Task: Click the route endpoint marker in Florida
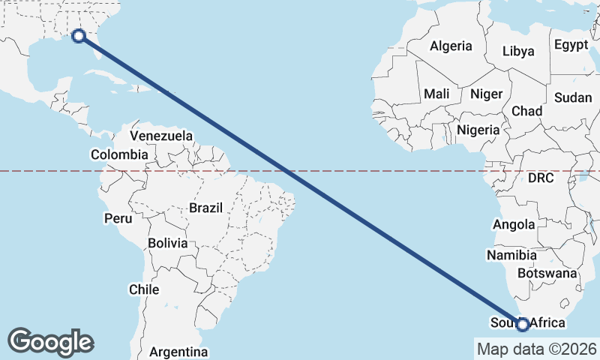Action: coord(78,34)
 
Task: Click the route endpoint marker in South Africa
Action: coord(523,324)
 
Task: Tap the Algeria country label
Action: coord(451,46)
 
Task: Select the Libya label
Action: coord(518,51)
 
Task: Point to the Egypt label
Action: coord(571,45)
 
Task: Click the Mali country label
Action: coord(436,94)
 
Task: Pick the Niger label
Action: coord(485,94)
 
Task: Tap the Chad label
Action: coord(526,110)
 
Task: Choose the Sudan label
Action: coord(573,97)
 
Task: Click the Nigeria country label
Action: coord(478,129)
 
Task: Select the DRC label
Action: coord(540,178)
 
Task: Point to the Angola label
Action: coord(514,224)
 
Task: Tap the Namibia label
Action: coord(511,255)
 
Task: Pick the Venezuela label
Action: coord(161,136)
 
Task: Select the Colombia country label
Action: coord(119,154)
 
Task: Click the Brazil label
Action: coord(205,207)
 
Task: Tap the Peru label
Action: coord(118,218)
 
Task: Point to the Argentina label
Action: coord(178,351)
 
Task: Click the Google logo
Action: coord(51,341)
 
